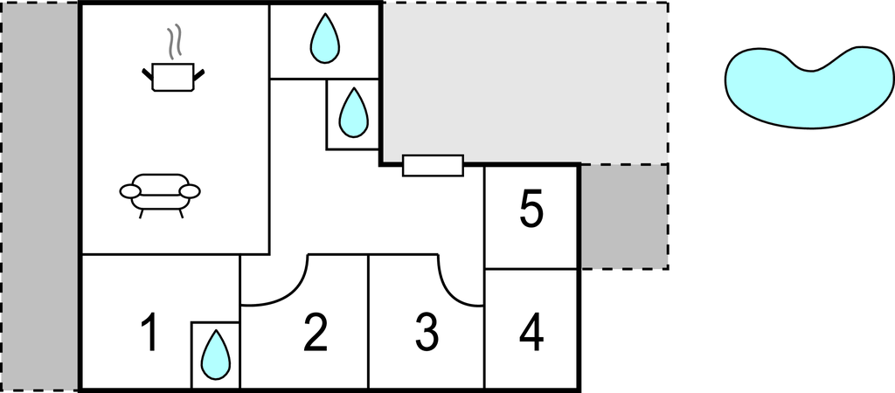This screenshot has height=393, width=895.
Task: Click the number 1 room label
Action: (x=150, y=333)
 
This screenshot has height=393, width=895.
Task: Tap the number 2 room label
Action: (x=316, y=333)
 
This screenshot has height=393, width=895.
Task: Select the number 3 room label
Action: (x=427, y=333)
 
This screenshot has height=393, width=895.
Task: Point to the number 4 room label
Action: (x=531, y=333)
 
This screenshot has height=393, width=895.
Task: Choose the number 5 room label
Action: (x=531, y=210)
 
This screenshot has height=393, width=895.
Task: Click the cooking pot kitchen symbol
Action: (x=173, y=77)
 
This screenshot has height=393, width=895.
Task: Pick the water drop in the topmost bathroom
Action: (x=325, y=38)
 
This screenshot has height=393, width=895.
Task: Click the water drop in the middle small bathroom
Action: (x=353, y=113)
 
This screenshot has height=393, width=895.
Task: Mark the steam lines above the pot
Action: (x=175, y=42)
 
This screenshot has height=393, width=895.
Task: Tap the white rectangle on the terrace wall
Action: (x=433, y=165)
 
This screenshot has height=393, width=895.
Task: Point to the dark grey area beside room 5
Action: (x=624, y=217)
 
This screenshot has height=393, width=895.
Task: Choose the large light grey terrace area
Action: (x=525, y=83)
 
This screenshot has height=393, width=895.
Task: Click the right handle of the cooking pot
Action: (x=199, y=73)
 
